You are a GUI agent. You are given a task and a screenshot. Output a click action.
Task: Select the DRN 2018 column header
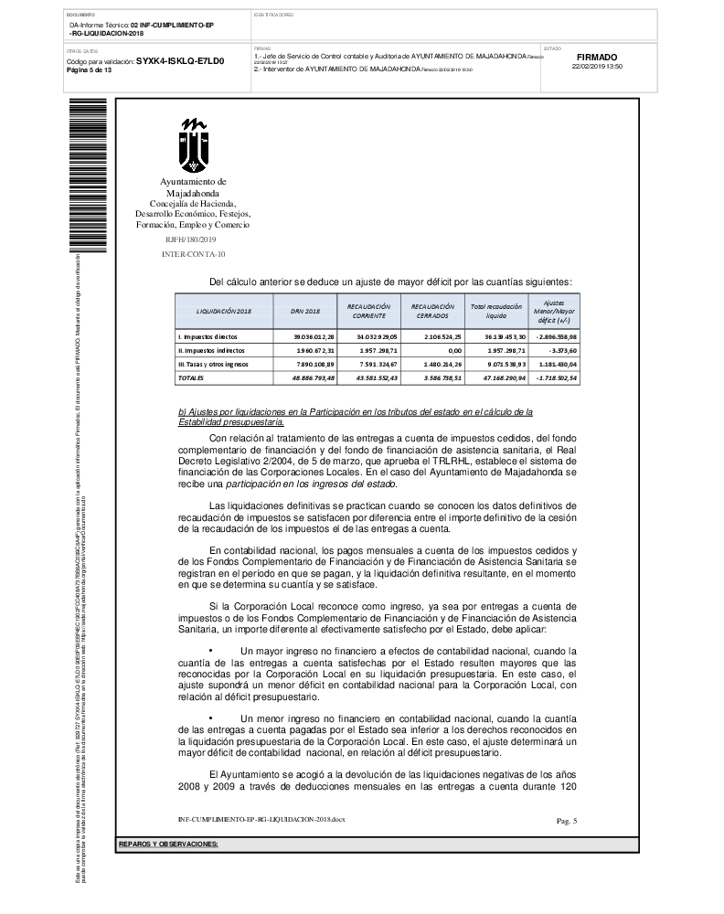[x=305, y=311]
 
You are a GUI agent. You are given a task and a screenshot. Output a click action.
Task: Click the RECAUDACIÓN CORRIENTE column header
[x=369, y=311]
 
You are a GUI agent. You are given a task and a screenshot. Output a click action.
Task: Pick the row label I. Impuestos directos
[x=202, y=337]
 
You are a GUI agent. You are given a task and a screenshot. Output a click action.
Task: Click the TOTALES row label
[x=191, y=377]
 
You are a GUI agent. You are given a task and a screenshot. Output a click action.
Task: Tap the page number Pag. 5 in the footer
[x=567, y=821]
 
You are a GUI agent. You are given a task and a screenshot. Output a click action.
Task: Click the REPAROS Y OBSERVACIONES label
[x=169, y=844]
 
